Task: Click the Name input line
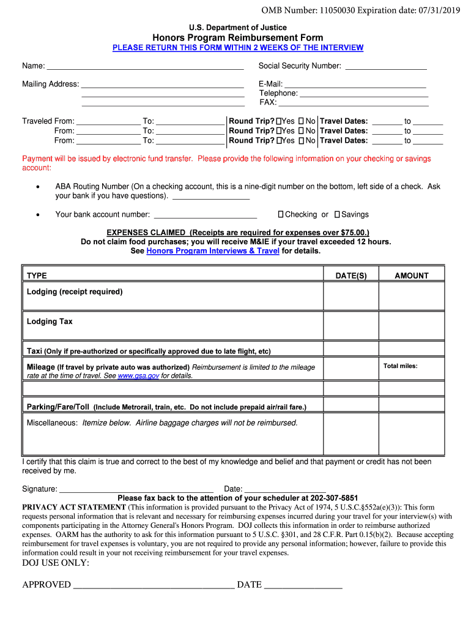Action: [145, 67]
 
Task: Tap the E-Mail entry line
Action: [355, 85]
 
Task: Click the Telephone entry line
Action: [363, 94]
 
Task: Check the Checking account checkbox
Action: [281, 215]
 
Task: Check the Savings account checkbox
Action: [337, 215]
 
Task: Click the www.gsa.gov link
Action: [138, 376]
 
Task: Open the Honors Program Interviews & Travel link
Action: [213, 251]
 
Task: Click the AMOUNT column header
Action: [411, 276]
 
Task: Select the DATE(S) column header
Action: [351, 276]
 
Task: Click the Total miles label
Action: [401, 366]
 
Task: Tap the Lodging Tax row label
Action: [50, 321]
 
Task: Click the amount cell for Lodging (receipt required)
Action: [411, 296]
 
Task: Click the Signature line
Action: [136, 490]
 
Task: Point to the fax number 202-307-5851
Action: [334, 498]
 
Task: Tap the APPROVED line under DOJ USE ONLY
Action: [153, 585]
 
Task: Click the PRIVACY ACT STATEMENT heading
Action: [74, 508]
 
